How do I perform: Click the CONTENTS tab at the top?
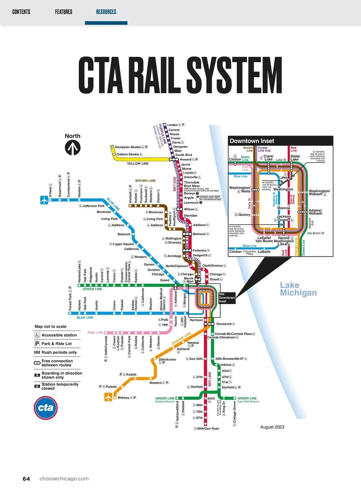[21, 12]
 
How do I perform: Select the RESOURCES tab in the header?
[106, 12]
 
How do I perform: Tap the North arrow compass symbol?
[73, 148]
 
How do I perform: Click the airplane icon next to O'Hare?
[44, 200]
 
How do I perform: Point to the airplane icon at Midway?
[108, 397]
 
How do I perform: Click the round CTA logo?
[45, 408]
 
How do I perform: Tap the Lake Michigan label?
[298, 289]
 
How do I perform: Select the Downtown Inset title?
[252, 141]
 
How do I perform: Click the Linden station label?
[172, 125]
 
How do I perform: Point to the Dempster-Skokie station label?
[128, 147]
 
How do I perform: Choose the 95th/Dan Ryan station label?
[208, 428]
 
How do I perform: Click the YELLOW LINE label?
[137, 164]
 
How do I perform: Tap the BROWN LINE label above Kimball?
[145, 181]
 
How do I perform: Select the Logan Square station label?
[123, 244]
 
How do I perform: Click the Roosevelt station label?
[224, 324]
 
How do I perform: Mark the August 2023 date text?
[272, 427]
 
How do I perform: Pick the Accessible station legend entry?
[59, 335]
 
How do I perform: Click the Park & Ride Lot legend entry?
[57, 344]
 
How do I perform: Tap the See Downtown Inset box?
[227, 298]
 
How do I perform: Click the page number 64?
[26, 479]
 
